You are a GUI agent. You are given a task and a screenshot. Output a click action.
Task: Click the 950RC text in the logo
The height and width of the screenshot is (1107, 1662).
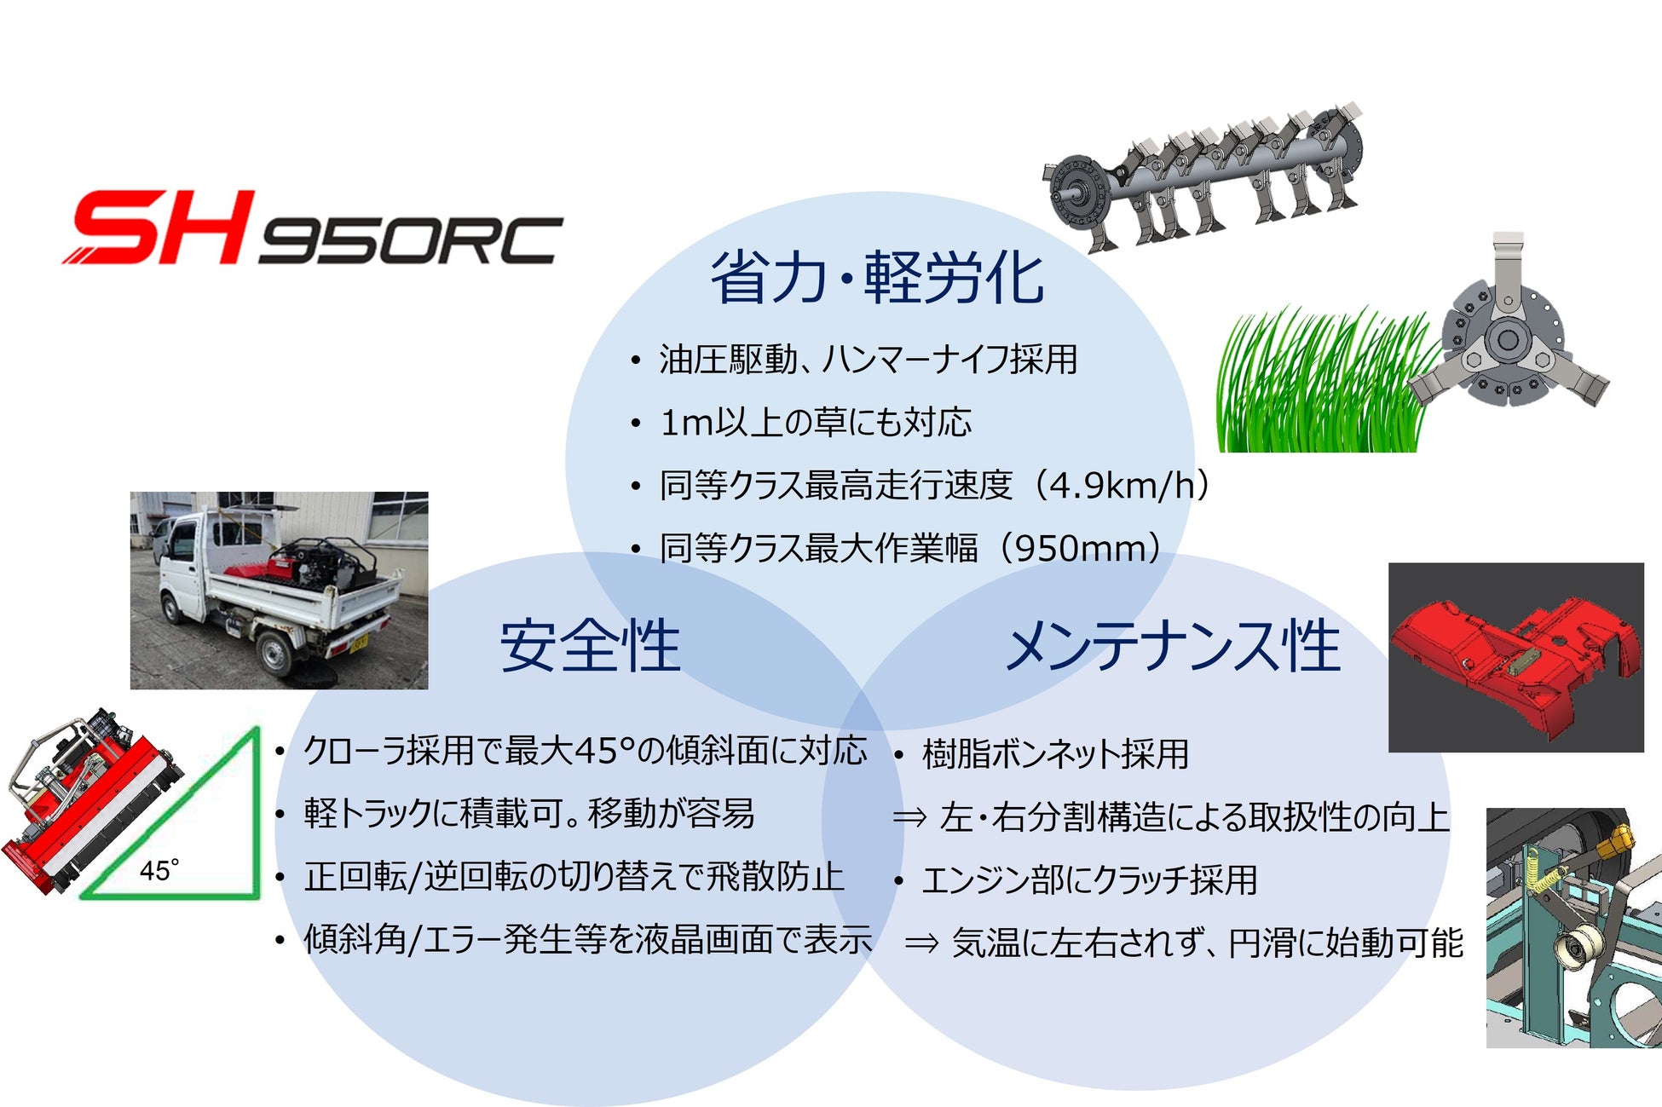pos(410,240)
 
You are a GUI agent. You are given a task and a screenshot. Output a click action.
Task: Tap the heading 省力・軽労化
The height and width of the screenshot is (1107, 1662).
pos(878,278)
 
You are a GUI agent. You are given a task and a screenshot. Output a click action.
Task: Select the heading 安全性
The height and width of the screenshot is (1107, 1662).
pos(590,646)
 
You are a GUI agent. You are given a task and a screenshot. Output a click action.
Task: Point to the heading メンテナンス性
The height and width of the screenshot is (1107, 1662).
pos(1174,646)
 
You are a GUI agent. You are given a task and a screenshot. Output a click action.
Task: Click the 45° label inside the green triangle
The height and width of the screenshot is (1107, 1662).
pos(159,870)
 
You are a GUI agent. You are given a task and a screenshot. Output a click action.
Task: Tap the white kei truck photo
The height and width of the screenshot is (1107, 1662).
pos(279,590)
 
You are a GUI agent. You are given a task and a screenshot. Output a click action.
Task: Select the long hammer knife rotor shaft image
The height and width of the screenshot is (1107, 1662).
pos(1202,176)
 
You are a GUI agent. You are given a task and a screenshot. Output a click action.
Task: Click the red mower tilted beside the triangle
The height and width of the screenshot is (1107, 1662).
pos(89,801)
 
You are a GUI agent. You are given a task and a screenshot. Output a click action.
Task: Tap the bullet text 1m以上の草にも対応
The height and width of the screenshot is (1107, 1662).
pos(816,423)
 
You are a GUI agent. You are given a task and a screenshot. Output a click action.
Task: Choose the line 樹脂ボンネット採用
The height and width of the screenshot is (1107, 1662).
pos(1055,754)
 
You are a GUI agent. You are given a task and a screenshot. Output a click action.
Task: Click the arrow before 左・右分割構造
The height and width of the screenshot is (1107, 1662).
pos(909,818)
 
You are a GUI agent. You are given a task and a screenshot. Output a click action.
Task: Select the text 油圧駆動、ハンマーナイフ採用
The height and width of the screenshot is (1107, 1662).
pos(869,360)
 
